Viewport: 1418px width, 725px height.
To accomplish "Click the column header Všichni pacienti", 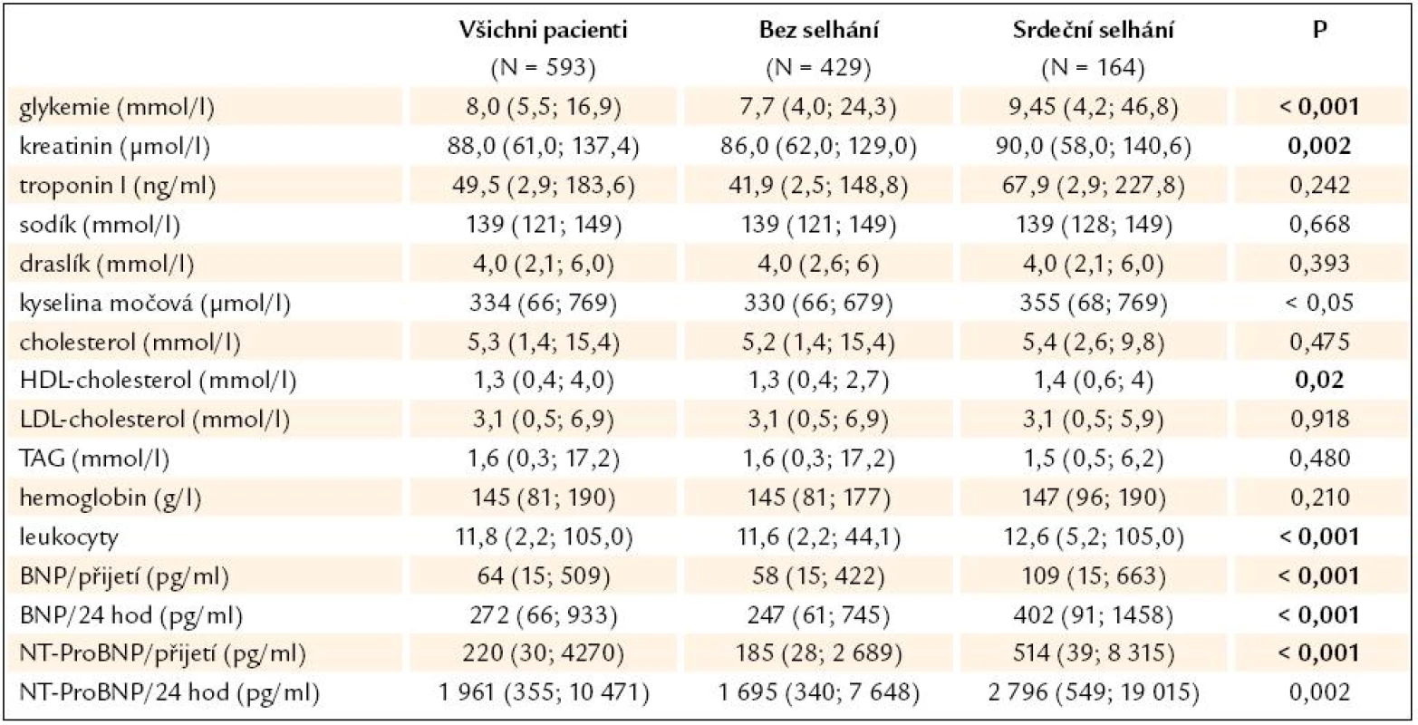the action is pos(543,30).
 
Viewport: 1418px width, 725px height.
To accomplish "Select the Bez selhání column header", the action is pos(818,30).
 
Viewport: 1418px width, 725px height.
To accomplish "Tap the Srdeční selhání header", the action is pos(1094,30).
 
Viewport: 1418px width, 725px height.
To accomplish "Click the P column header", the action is pos(1320,29).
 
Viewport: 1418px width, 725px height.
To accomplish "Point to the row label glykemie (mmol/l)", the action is pos(117,108).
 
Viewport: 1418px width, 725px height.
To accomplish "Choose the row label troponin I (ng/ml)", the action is pos(118,186).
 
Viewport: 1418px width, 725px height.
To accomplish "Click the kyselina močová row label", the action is pos(155,304).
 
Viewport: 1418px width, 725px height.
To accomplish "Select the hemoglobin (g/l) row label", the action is pos(111,498).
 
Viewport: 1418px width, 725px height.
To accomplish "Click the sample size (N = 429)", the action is pos(818,68).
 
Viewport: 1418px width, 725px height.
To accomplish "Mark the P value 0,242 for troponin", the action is pos(1320,186).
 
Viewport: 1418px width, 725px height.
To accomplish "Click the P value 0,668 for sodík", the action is pos(1320,225).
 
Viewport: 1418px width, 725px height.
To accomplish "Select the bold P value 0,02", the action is pos(1320,381).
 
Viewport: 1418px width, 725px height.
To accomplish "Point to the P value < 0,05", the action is pos(1320,304).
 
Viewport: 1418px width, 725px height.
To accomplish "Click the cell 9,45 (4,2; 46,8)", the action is pos(1094,108).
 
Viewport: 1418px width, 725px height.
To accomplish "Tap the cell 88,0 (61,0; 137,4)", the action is pos(543,147).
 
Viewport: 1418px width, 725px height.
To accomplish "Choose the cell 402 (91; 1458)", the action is pos(1094,615).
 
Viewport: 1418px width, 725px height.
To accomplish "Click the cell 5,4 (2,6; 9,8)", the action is pos(1094,343).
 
